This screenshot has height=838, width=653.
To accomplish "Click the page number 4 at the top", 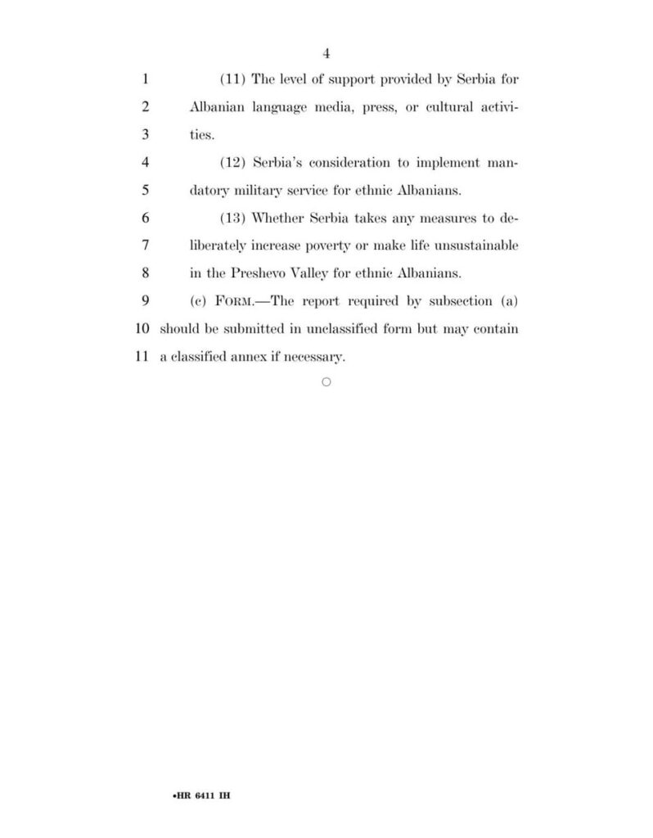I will click(326, 54).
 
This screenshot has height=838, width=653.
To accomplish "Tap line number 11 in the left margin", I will click(140, 357).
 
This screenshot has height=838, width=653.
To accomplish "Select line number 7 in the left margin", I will click(144, 246).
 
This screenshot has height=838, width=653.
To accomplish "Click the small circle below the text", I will click(326, 382).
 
